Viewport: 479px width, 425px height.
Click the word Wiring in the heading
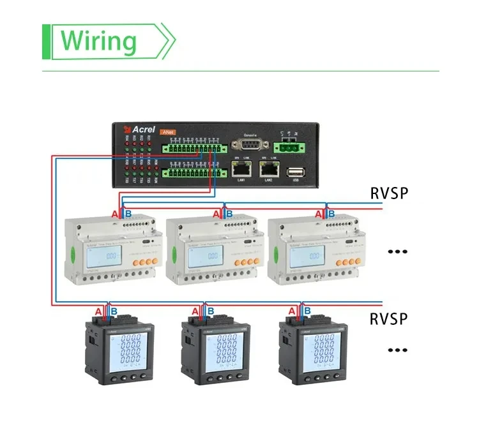point(98,40)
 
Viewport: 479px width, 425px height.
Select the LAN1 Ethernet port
point(240,170)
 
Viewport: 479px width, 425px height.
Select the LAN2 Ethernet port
point(268,170)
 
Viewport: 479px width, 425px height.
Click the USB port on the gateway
point(295,172)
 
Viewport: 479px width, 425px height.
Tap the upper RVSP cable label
point(388,193)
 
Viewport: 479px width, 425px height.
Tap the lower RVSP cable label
point(388,318)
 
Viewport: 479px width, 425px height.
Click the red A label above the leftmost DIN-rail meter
point(115,214)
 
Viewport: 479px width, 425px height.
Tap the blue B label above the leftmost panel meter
point(114,311)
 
